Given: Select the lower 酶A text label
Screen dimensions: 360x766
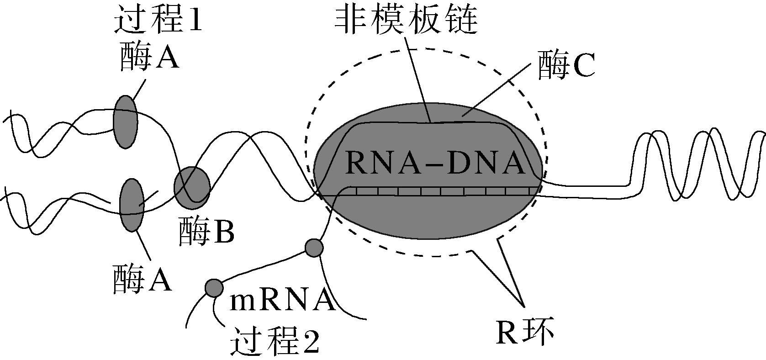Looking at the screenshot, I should (x=142, y=279).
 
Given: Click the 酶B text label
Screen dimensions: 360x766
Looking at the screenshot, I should (x=206, y=231).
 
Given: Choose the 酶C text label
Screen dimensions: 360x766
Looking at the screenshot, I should (x=566, y=66).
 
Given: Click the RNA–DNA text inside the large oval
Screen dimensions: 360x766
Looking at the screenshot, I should (x=434, y=163).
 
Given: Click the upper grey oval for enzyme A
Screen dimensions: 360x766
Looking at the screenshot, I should (x=125, y=122).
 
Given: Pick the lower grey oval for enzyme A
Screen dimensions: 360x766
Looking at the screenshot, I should (x=132, y=205).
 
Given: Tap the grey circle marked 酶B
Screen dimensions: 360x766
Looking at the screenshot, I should (x=192, y=185).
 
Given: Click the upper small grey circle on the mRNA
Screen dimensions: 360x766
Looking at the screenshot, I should (x=314, y=248).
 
